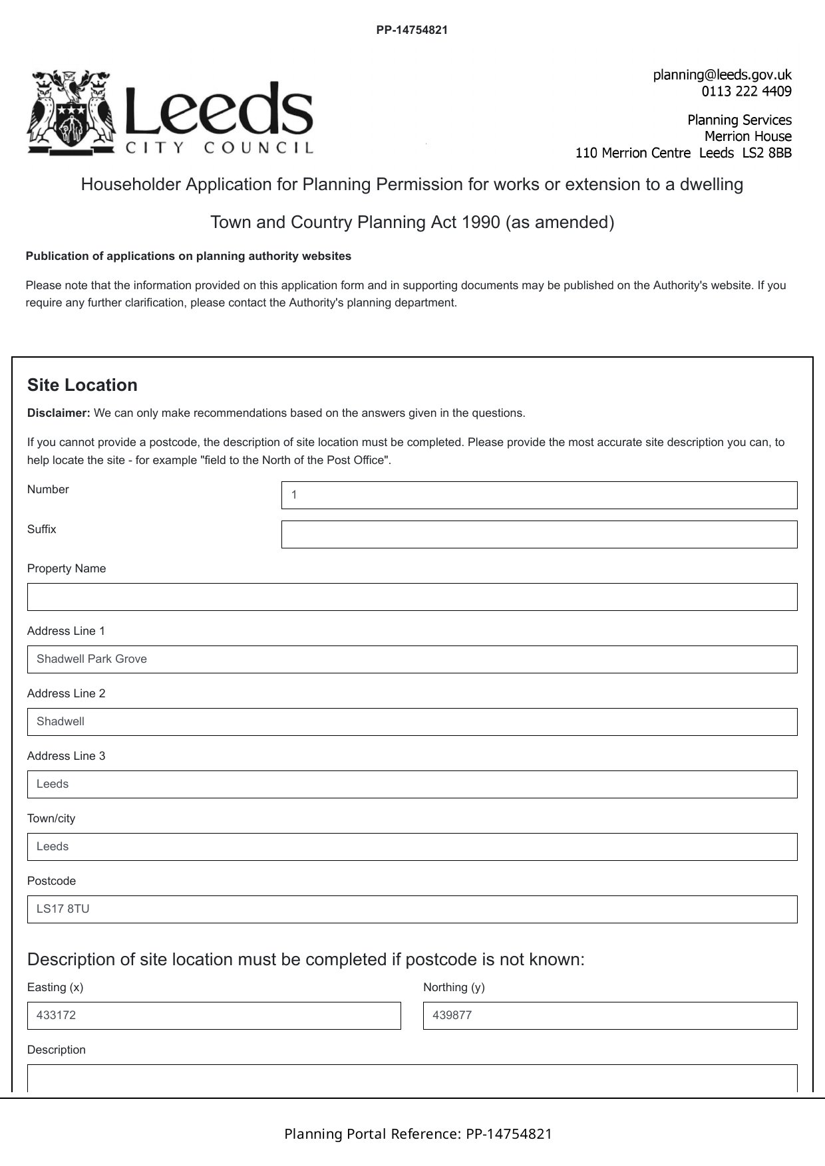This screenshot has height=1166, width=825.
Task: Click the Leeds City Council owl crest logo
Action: pos(71,112)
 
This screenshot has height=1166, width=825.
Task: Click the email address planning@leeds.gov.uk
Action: pos(722,74)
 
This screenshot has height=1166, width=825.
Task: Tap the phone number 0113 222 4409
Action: pos(746,91)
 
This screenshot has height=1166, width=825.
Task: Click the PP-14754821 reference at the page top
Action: pos(412,30)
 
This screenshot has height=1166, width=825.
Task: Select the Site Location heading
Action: pos(82,385)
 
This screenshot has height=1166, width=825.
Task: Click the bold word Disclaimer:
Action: pos(59,413)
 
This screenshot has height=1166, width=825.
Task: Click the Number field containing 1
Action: pos(539,495)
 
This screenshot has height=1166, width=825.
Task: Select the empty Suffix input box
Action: pos(539,534)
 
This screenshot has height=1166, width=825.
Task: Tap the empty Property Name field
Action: pos(412,597)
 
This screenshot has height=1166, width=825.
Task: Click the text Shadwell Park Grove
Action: pos(92,659)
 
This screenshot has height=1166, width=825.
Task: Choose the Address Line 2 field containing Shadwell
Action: pos(412,722)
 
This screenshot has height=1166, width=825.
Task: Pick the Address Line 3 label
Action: pos(66,756)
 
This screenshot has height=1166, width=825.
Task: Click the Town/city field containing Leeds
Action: pos(412,847)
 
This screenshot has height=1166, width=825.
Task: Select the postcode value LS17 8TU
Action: pos(63,909)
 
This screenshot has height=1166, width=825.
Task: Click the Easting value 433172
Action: pos(56,1015)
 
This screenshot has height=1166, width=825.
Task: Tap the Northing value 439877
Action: pos(452,1015)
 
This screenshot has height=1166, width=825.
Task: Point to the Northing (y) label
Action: pos(454,987)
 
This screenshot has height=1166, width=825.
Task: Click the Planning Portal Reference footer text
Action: pos(418,1133)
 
